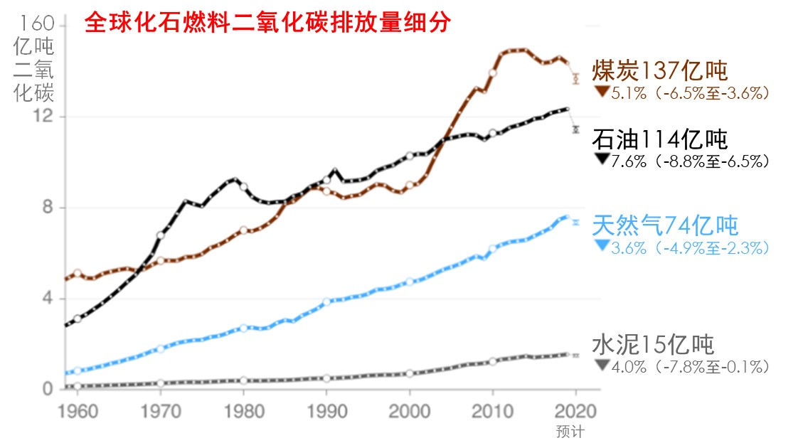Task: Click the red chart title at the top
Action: click(267, 23)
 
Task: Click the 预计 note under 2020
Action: click(569, 431)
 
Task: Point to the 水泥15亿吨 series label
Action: click(652, 344)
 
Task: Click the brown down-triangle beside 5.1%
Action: click(602, 91)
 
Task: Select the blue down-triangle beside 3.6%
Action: click(602, 246)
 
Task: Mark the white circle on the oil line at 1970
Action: click(161, 235)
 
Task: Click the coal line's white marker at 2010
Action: click(492, 73)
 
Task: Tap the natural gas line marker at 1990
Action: click(326, 302)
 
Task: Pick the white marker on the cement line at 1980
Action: click(243, 381)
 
